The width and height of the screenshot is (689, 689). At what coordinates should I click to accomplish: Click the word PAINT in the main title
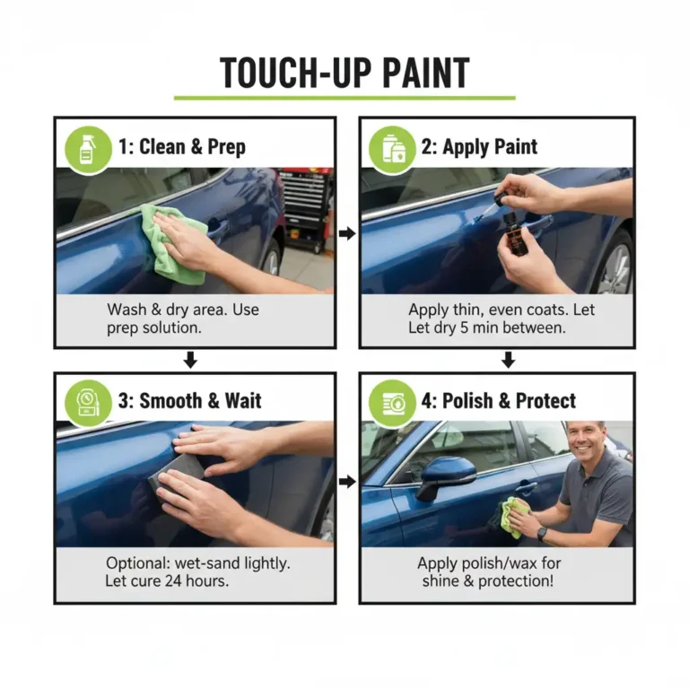(x=426, y=73)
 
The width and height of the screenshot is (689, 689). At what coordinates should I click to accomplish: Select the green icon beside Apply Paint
(x=392, y=149)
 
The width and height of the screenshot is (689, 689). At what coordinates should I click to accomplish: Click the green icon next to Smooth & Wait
(x=88, y=403)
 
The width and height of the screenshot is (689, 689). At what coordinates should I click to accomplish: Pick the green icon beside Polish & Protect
(x=392, y=403)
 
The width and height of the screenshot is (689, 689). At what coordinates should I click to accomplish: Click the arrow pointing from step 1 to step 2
(x=347, y=233)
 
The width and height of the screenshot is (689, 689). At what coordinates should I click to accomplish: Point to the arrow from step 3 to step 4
(x=347, y=482)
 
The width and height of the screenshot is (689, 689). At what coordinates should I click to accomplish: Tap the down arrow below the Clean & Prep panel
(x=190, y=360)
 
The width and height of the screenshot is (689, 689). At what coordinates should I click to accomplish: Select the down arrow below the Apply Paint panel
(x=509, y=360)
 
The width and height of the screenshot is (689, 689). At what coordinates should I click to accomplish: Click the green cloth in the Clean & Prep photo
(x=176, y=244)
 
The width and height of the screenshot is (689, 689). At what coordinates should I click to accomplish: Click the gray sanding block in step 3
(x=177, y=474)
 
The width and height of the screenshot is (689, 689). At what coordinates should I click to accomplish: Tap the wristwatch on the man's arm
(x=541, y=534)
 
